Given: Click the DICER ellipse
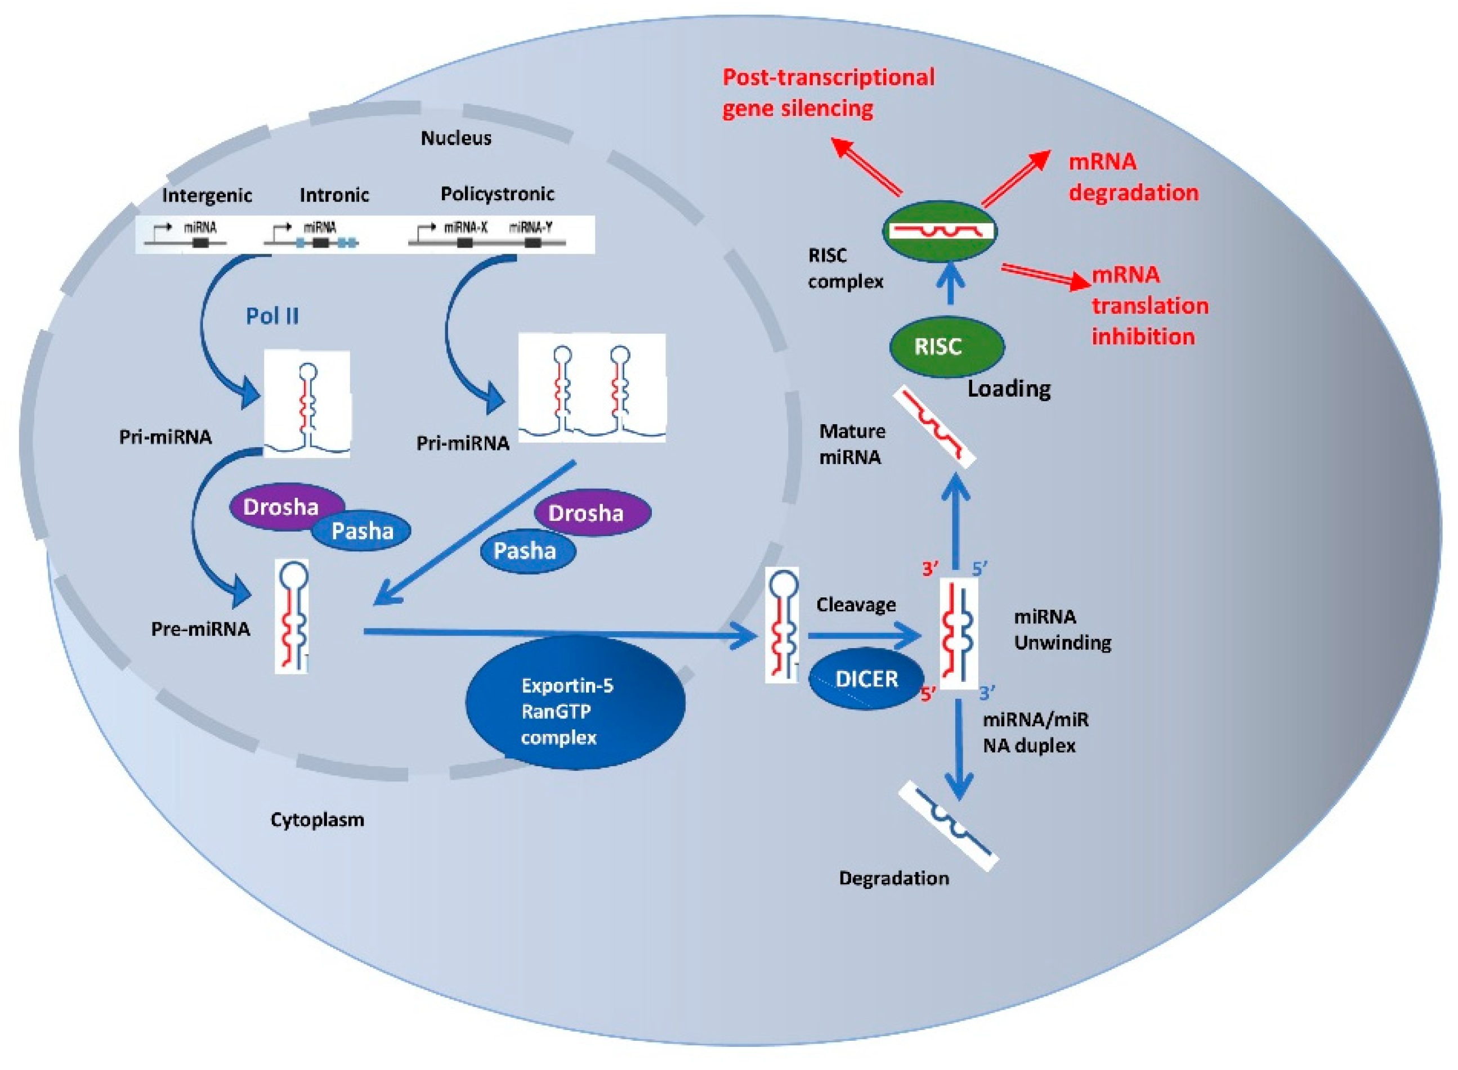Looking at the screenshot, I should [x=866, y=679].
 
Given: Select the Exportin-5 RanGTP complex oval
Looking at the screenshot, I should [x=575, y=710].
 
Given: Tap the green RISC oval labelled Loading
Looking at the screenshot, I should [x=946, y=347].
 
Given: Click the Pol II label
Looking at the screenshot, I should [x=272, y=316].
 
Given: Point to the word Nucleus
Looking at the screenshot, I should [x=456, y=138].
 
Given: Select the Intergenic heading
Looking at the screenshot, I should [x=207, y=195].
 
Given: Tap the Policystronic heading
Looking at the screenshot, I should [x=497, y=194].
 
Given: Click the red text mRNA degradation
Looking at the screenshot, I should [x=1133, y=177].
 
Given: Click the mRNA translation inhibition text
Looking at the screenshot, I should [x=1149, y=305].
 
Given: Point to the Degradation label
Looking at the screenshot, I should [x=893, y=878].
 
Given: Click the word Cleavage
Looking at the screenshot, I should [x=855, y=604].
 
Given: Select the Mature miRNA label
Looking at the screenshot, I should [x=852, y=444].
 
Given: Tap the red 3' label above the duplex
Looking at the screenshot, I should [x=931, y=568].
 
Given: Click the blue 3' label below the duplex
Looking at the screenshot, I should [x=987, y=694].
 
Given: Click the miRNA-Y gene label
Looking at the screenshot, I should [x=530, y=227].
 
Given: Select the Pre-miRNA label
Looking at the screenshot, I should [x=200, y=628].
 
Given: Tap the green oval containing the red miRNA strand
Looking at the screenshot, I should [x=940, y=231].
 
